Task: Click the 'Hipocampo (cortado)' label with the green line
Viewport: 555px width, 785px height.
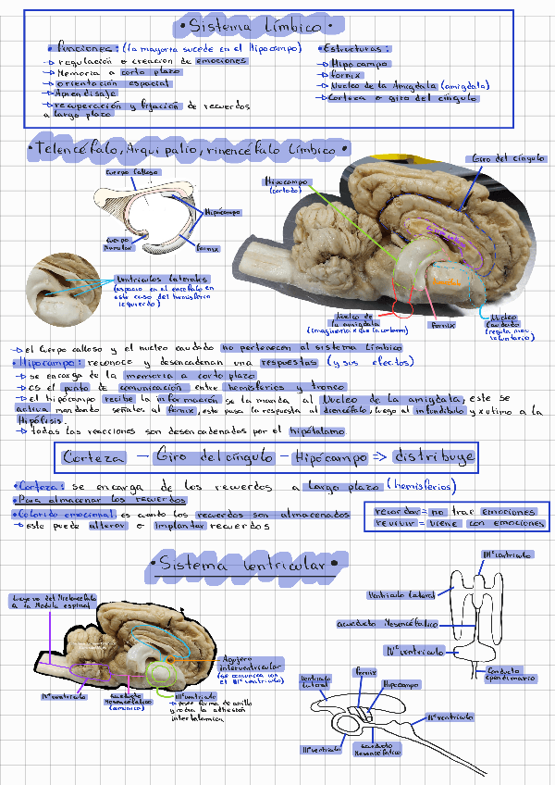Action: [x=285, y=185]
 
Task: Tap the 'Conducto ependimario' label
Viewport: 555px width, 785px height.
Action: [x=511, y=673]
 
